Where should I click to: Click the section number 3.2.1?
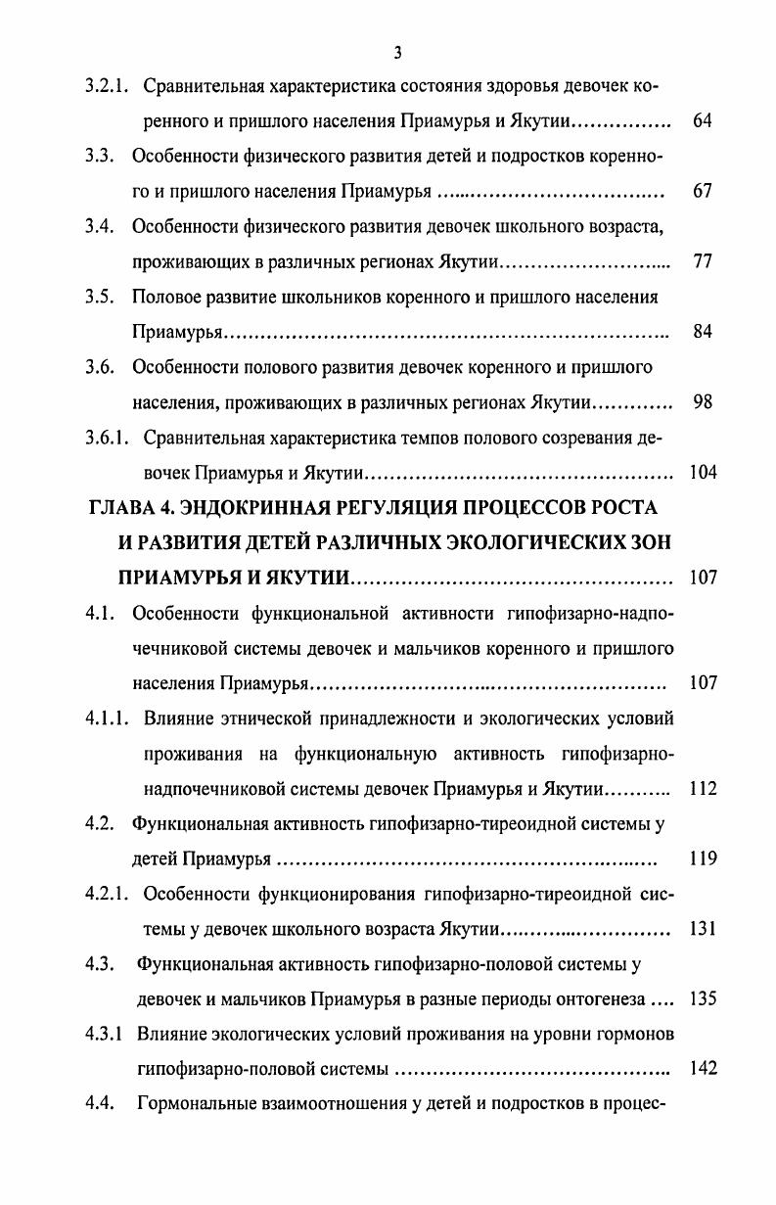tap(110, 86)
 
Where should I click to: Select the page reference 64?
tap(702, 121)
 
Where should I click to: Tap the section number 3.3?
tap(101, 156)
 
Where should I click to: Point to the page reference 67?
tap(702, 191)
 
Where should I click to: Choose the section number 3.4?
tap(101, 226)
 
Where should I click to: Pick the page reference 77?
tap(702, 261)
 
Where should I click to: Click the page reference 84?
tap(702, 332)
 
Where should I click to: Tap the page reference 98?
tap(702, 401)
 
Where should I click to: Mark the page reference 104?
tap(703, 472)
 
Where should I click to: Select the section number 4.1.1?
tap(110, 718)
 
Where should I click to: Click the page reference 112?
tap(703, 789)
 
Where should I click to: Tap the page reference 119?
tap(703, 859)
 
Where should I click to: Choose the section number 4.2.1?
tap(110, 894)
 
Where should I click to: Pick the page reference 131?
tap(703, 929)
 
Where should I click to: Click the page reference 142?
tap(703, 1069)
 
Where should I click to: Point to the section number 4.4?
tap(101, 1104)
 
